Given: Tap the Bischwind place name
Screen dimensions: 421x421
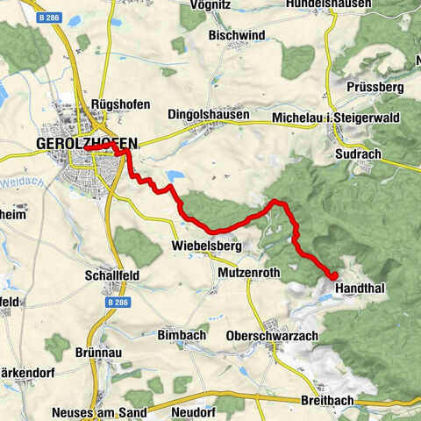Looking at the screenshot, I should tap(236, 35).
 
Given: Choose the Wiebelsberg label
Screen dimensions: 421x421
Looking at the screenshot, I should tap(206, 245).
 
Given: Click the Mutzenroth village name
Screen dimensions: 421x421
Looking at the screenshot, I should tap(247, 273).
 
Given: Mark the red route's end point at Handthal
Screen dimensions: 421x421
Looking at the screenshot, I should tap(334, 275).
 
